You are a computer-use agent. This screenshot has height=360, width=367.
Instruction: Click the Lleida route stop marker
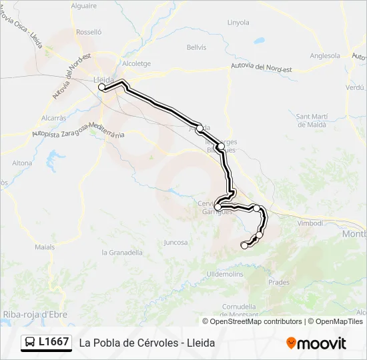[102, 87]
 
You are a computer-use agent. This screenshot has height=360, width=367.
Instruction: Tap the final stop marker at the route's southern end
[244, 245]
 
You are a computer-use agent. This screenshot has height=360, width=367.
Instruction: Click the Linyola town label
[238, 22]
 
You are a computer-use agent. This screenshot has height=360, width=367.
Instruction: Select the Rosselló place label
[89, 31]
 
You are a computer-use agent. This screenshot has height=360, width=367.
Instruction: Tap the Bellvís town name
[197, 47]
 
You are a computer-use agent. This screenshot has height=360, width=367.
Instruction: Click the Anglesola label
[325, 56]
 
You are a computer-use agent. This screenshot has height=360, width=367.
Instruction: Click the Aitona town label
[22, 163]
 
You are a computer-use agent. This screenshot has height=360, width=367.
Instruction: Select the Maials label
[45, 247]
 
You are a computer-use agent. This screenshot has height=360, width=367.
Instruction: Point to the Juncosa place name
[175, 243]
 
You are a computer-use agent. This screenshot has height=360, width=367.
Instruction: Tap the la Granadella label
[122, 253]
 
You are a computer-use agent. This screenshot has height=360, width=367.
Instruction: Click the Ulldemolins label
[224, 274]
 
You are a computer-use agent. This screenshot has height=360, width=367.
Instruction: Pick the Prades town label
[279, 282]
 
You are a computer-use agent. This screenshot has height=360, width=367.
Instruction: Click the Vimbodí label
[309, 223]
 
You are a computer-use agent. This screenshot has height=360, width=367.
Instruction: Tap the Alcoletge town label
[136, 64]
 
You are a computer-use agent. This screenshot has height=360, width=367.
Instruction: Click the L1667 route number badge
[46, 342]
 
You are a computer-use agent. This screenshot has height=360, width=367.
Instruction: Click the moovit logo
[316, 343]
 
